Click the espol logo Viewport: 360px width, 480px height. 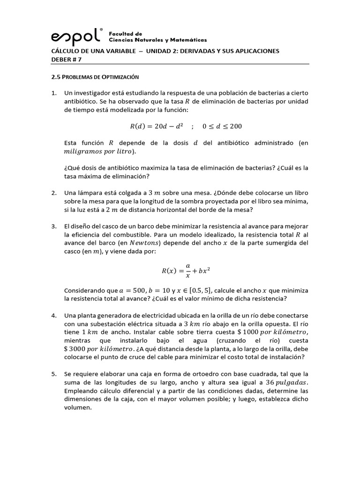(76, 37)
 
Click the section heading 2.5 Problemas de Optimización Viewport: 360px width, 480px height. (95, 76)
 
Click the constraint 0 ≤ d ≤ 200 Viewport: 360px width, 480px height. (222, 126)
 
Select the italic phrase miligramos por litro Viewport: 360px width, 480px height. (98, 151)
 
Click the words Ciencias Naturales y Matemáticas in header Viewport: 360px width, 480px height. (157, 40)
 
